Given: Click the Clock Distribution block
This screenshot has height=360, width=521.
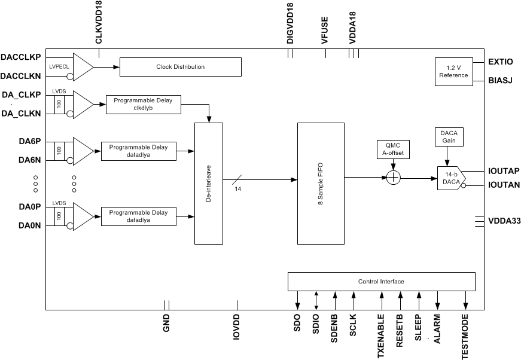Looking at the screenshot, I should [181, 67].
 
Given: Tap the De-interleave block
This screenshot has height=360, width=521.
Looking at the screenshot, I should [208, 183].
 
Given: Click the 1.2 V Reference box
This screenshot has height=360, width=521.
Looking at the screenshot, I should [453, 72].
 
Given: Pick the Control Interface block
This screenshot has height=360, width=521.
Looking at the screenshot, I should [381, 281].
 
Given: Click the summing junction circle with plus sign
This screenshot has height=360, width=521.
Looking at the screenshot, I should [392, 178].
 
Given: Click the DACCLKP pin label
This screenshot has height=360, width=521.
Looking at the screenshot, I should [21, 57].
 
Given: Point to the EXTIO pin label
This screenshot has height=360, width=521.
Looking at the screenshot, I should [501, 61].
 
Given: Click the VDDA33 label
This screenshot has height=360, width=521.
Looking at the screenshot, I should [504, 221].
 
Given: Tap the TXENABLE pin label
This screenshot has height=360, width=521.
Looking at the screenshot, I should [381, 335].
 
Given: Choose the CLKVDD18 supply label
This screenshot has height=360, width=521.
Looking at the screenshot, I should [99, 25].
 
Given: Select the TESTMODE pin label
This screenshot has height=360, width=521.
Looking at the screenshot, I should [465, 335].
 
